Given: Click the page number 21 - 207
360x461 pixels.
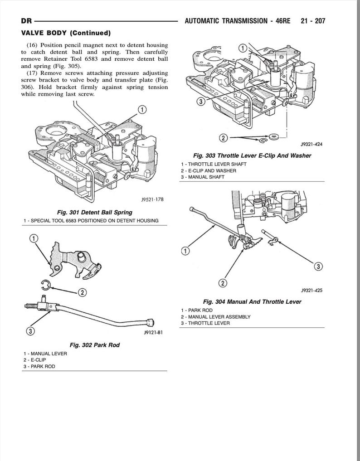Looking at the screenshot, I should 313,21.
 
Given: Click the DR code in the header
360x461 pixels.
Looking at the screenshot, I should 26,21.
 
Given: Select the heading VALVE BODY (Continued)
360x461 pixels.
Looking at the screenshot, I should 66,33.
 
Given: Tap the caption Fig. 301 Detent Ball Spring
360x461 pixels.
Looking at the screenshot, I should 95,212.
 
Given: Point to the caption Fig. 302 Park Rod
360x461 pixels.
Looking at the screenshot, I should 95,345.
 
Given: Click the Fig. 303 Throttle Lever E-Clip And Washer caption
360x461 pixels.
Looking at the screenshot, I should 252,155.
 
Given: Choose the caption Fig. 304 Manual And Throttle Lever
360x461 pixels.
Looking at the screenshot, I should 252,301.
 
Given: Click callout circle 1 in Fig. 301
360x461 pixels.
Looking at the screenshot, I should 141,109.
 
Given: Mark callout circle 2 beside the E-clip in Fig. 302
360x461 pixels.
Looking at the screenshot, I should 82,292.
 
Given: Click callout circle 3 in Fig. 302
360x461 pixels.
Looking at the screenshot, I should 30,331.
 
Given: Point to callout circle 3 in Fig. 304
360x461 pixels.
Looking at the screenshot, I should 319,266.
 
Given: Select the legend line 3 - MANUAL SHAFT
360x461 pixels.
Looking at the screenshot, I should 202,177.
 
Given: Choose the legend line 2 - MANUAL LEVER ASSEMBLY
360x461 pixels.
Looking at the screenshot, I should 215,316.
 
